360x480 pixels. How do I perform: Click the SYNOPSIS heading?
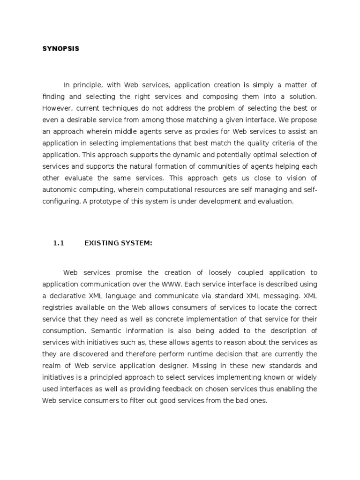click(x=60, y=49)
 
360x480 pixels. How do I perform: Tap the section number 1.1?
click(x=58, y=242)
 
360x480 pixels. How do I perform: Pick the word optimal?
click(x=261, y=155)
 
